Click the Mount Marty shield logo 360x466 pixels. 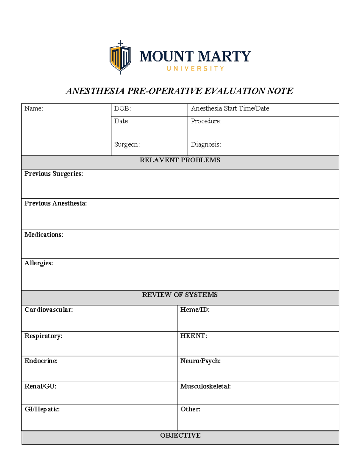click(x=120, y=57)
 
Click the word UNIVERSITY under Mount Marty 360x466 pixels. click(x=195, y=69)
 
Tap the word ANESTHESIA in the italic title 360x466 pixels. click(x=95, y=91)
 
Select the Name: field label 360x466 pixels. click(x=34, y=109)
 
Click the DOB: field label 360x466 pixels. click(x=122, y=109)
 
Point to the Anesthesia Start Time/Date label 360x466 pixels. click(x=230, y=109)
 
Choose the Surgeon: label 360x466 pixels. click(x=127, y=145)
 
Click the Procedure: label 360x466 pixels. click(x=206, y=121)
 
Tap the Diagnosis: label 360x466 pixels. click(x=206, y=145)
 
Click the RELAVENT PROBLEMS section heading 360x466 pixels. click(x=180, y=160)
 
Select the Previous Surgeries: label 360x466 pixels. click(x=53, y=174)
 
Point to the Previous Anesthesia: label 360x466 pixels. click(x=55, y=203)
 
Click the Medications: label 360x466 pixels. click(x=43, y=235)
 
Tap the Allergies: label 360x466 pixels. click(x=38, y=263)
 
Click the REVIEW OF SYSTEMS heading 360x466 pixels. click(x=180, y=295)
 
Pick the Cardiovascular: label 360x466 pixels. click(x=49, y=310)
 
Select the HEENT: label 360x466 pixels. click(x=193, y=336)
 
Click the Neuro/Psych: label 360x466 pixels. click(x=200, y=361)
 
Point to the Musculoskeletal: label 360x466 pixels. click(x=205, y=386)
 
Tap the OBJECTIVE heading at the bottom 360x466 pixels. click(x=180, y=435)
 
